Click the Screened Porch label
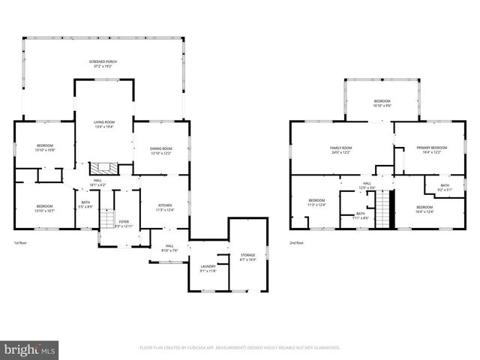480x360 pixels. (105, 63)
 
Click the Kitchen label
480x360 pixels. (164, 208)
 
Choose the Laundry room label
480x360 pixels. (208, 268)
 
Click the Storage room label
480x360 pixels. (247, 257)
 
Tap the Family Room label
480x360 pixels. (341, 150)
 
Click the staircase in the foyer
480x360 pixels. (106, 220)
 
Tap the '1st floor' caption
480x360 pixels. (22, 243)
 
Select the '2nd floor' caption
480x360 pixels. (297, 243)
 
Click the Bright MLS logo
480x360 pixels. (29, 349)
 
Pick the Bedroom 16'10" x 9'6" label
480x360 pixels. (382, 103)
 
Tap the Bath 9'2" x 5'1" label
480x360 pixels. (445, 187)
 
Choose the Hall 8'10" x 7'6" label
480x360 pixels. (169, 248)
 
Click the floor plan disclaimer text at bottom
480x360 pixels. (240, 348)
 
